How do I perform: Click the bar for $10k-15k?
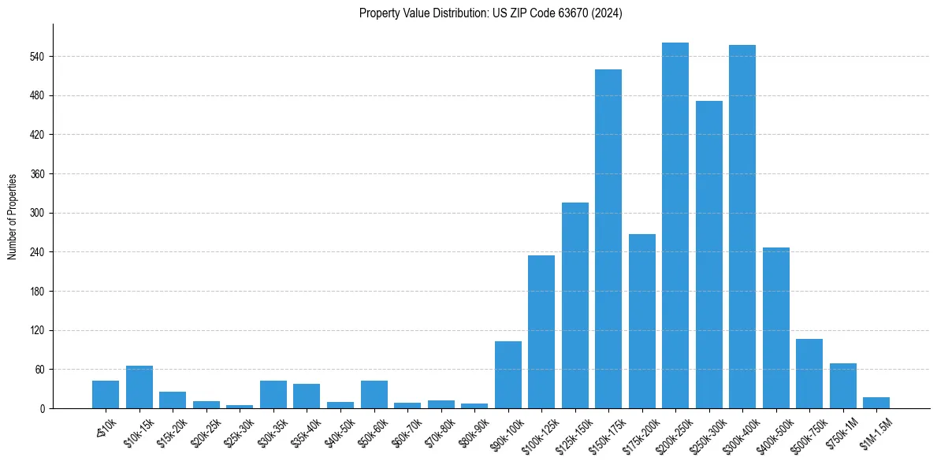pos(139,387)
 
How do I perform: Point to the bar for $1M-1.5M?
pos(876,403)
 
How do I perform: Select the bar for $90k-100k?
pos(508,374)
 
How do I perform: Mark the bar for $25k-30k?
pos(240,407)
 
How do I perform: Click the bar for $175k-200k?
pos(641,321)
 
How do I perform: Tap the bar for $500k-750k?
pos(809,374)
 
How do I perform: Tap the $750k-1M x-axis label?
pos(841,430)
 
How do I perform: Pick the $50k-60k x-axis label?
pos(372,430)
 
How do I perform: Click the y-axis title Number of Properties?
pos(12,216)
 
